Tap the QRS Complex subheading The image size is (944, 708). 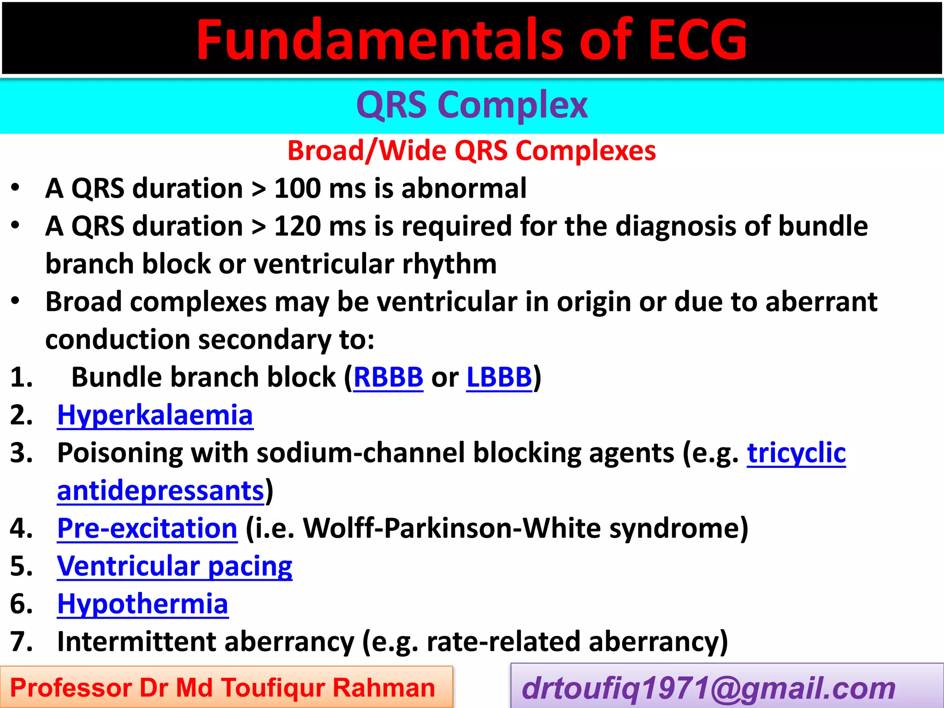472,105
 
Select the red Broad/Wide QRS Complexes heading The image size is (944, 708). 472,151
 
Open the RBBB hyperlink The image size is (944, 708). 388,378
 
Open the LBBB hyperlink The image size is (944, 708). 499,378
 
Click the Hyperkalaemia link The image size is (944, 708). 155,415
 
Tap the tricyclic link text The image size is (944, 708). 796,453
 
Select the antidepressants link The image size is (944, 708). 160,491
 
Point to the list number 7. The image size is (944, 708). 21,642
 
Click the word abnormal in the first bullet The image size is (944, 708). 464,189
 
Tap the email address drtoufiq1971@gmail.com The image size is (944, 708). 708,688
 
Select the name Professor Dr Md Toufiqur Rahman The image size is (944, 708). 223,688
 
